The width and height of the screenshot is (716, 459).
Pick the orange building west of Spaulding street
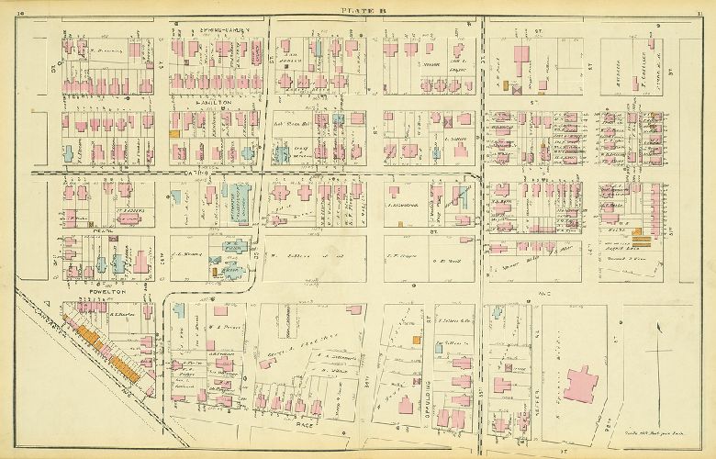[x=416, y=341]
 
